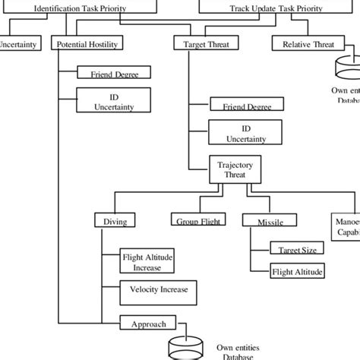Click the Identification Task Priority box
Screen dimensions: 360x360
click(x=81, y=10)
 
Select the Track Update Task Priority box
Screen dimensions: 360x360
click(x=276, y=10)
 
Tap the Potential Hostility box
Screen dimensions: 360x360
click(x=87, y=45)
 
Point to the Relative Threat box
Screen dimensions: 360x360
click(x=308, y=45)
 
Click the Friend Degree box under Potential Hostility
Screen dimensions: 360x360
click(x=114, y=74)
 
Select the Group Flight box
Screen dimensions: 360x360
click(x=193, y=221)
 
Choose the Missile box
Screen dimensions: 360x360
click(x=263, y=221)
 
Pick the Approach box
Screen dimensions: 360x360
click(x=148, y=324)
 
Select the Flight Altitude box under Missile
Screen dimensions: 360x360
click(x=298, y=271)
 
